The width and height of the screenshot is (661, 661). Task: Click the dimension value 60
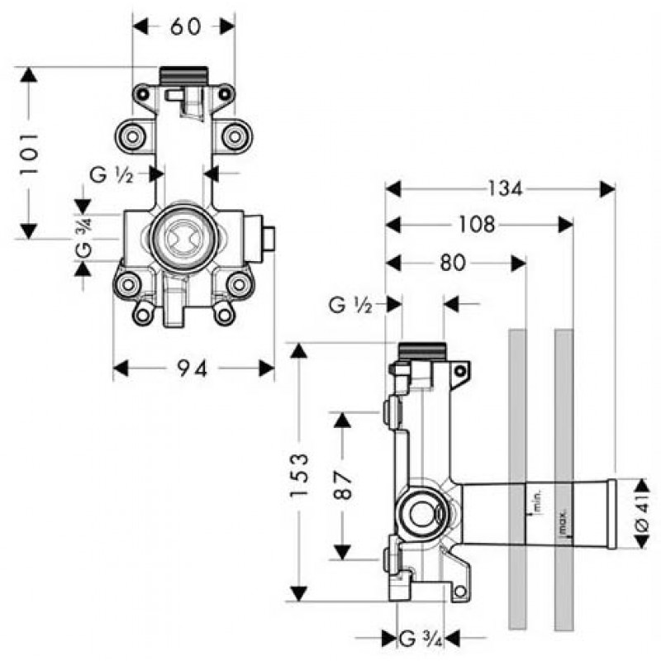pyautogui.click(x=185, y=26)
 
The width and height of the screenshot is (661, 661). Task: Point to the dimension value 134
pyautogui.click(x=503, y=189)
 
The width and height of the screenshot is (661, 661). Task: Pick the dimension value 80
pyautogui.click(x=453, y=263)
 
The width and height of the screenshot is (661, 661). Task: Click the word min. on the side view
pyautogui.click(x=536, y=499)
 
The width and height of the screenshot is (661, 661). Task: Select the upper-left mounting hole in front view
pyautogui.click(x=131, y=134)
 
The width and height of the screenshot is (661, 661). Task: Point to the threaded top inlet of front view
pyautogui.click(x=183, y=74)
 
